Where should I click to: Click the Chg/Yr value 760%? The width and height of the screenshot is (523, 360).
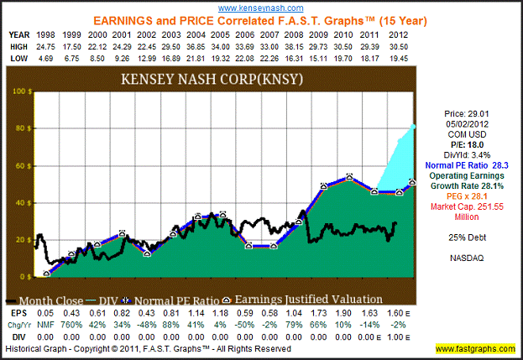point(71,322)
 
